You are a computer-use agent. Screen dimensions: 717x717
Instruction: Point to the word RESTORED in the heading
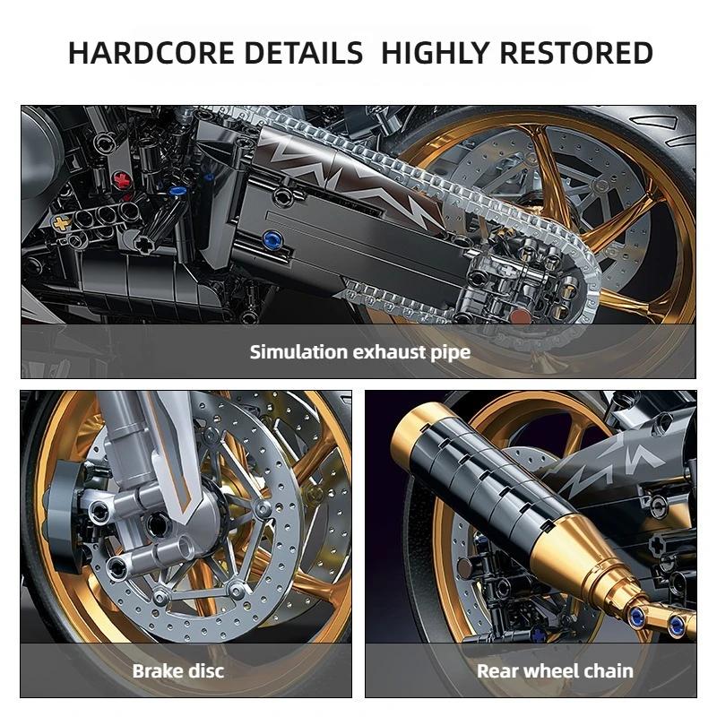click(576, 53)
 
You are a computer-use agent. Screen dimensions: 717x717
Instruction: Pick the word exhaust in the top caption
click(389, 351)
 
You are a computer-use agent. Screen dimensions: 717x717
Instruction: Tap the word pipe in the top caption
click(451, 351)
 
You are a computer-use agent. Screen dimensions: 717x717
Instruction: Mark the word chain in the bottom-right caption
click(609, 670)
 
